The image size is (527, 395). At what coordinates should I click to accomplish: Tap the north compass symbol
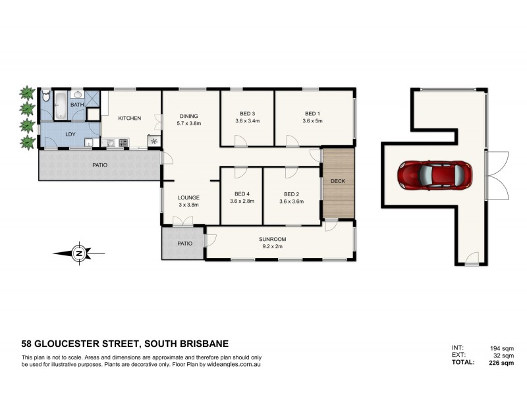(78, 253)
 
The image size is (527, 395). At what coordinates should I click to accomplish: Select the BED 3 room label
(248, 113)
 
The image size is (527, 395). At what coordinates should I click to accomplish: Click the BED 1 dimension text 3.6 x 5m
(313, 121)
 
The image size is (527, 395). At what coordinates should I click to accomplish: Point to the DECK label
(338, 181)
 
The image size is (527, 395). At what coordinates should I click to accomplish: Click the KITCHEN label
(129, 118)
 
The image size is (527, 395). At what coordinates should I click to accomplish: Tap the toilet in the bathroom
(45, 97)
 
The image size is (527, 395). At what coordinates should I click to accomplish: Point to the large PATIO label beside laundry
(99, 165)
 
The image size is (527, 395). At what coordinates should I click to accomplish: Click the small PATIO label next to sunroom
(185, 244)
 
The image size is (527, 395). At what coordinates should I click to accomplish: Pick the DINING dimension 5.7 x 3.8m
(188, 123)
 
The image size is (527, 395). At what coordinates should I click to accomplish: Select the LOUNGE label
(188, 197)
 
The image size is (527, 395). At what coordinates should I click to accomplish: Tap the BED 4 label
(242, 194)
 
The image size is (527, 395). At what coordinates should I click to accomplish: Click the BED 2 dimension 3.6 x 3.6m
(291, 201)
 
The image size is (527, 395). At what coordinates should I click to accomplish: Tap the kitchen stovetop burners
(123, 142)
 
